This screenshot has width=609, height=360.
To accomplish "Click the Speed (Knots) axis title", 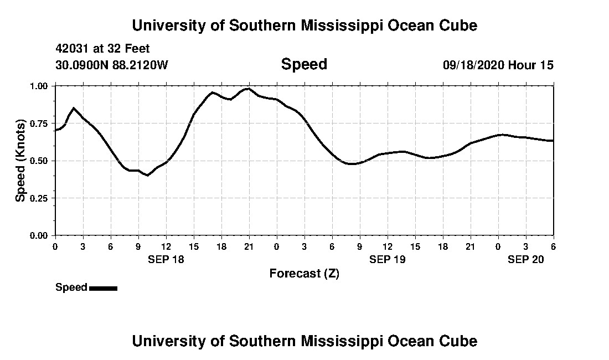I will tap(20, 161).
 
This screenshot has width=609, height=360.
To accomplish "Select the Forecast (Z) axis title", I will tap(304, 273).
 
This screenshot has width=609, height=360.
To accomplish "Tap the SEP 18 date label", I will tap(166, 259).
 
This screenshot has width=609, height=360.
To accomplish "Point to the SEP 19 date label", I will tap(387, 259).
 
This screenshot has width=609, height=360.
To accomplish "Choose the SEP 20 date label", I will tap(526, 259).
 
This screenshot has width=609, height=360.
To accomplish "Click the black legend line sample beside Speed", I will tap(103, 288).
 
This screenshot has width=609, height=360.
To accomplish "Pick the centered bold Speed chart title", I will tap(304, 64).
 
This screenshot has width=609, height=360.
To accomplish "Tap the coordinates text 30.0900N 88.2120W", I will tap(111, 65).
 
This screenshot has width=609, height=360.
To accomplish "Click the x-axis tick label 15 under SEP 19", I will tap(415, 246).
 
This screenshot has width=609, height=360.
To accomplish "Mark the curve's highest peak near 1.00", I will tap(249, 88).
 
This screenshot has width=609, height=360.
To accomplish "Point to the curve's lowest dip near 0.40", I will tap(147, 176).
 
